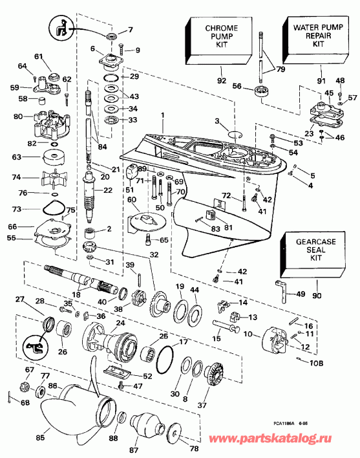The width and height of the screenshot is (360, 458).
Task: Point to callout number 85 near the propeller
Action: [x=40, y=437]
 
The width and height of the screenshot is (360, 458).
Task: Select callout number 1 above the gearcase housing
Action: [x=163, y=115]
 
